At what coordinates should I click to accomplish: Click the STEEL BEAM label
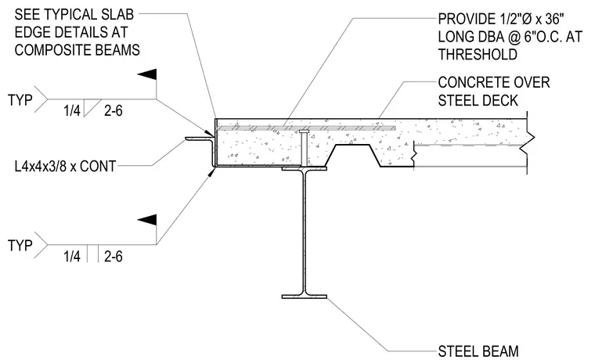pyautogui.click(x=478, y=351)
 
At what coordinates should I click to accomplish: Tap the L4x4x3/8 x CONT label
pyautogui.click(x=65, y=166)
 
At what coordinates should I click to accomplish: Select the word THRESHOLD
pyautogui.click(x=478, y=55)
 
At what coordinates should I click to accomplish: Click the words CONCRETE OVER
pyautogui.click(x=494, y=82)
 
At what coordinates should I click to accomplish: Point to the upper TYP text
pyautogui.click(x=20, y=99)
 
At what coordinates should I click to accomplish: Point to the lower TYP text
pyautogui.click(x=20, y=246)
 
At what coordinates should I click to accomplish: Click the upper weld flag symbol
pyautogui.click(x=147, y=74)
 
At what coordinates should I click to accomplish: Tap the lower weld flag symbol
pyautogui.click(x=147, y=220)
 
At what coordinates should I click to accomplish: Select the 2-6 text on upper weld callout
pyautogui.click(x=114, y=111)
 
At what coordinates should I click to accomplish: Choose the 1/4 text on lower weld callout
pyautogui.click(x=72, y=257)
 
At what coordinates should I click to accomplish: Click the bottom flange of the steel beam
pyautogui.click(x=305, y=297)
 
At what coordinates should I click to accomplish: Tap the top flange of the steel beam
pyautogui.click(x=305, y=168)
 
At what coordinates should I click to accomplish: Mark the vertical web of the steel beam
pyautogui.click(x=305, y=232)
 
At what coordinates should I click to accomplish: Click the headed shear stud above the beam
pyautogui.click(x=305, y=147)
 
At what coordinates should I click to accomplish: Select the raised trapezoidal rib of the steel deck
pyautogui.click(x=354, y=155)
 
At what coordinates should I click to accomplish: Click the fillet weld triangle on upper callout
pyautogui.click(x=91, y=107)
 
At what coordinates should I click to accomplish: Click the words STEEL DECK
pyautogui.click(x=478, y=100)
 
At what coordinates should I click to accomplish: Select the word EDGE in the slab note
pyautogui.click(x=32, y=32)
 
